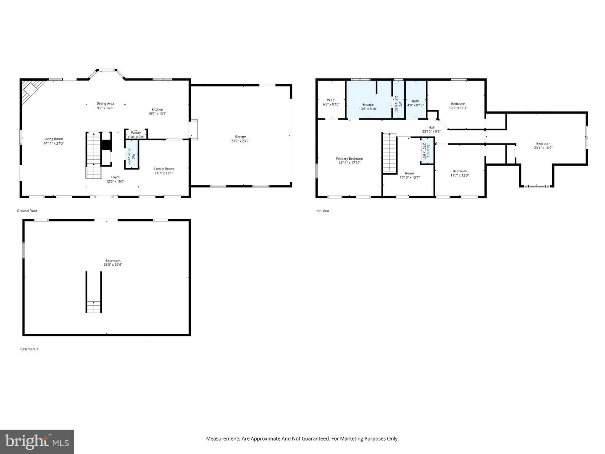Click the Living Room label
click(53, 139)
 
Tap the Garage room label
click(240, 137)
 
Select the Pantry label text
click(136, 132)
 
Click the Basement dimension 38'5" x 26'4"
click(113, 265)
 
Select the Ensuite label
click(368, 105)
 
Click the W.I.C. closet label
click(331, 100)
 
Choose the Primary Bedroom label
click(349, 158)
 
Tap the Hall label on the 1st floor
click(431, 127)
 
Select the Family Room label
click(163, 169)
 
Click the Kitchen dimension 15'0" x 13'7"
click(158, 113)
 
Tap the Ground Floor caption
click(27, 211)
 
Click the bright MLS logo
click(37, 441)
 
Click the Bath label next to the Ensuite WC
click(415, 101)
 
